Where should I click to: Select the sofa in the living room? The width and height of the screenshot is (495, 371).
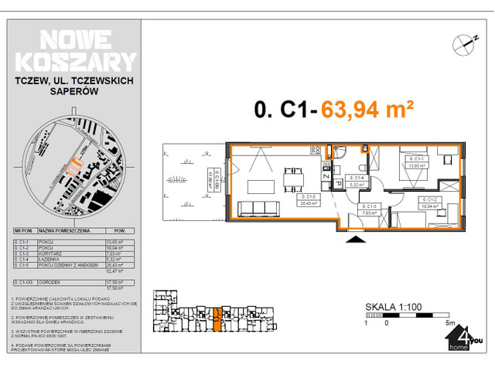point(258,209)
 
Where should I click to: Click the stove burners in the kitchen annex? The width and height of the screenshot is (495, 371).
point(315,150)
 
